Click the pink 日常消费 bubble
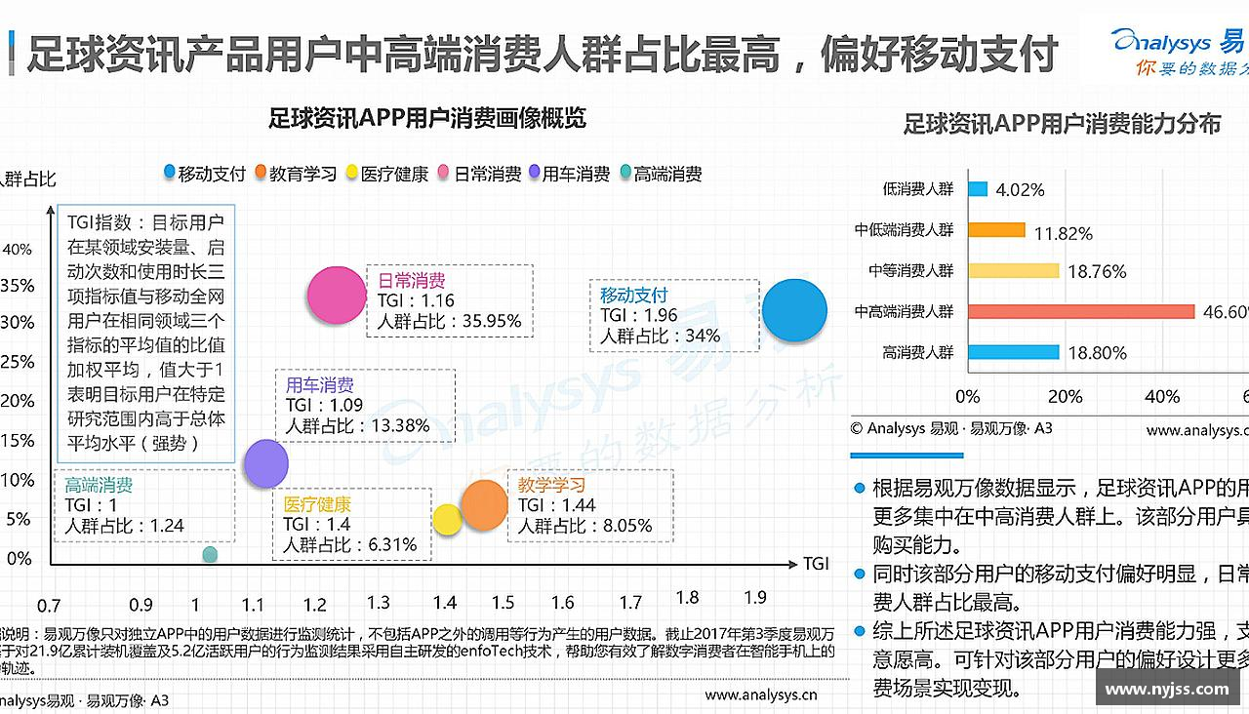click(x=336, y=295)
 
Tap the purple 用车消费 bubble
click(x=265, y=463)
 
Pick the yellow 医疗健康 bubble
click(x=447, y=520)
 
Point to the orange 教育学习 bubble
click(x=484, y=505)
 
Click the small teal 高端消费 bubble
click(x=210, y=554)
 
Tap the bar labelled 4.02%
click(x=978, y=189)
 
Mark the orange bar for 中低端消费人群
click(x=996, y=230)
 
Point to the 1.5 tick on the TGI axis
click(x=503, y=603)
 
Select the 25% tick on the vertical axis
click(x=18, y=363)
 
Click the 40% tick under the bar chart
click(x=1161, y=397)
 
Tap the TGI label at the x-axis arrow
click(x=816, y=564)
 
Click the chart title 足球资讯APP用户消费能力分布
click(x=1062, y=125)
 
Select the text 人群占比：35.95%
click(x=450, y=321)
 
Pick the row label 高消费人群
click(x=917, y=352)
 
